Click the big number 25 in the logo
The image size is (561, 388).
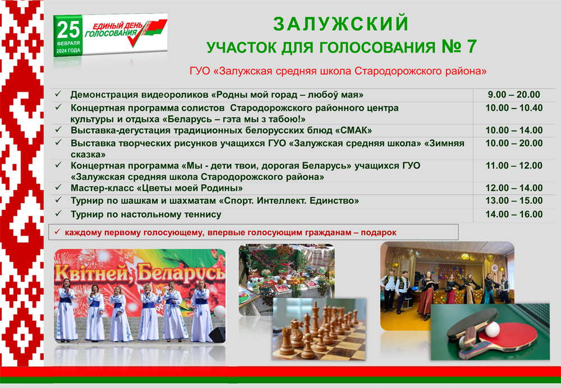point(68,30)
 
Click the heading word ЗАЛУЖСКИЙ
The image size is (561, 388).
point(341,24)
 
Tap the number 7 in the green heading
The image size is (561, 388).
point(472,46)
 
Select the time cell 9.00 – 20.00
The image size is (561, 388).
point(514,95)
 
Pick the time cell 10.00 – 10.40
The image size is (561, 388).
point(514,108)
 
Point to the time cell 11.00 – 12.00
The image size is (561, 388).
point(514,166)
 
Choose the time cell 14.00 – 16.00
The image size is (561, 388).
point(514,214)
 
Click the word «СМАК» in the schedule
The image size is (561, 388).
point(353,130)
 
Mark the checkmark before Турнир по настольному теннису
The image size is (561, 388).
point(58,213)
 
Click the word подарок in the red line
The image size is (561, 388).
point(379,233)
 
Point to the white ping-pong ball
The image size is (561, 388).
point(493,329)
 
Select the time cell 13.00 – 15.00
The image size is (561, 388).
point(514,200)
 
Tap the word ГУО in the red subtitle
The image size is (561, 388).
point(200,71)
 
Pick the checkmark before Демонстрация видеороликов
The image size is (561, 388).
point(58,94)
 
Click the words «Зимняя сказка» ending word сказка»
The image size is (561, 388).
point(88,155)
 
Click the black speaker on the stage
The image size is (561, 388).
point(217,334)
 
